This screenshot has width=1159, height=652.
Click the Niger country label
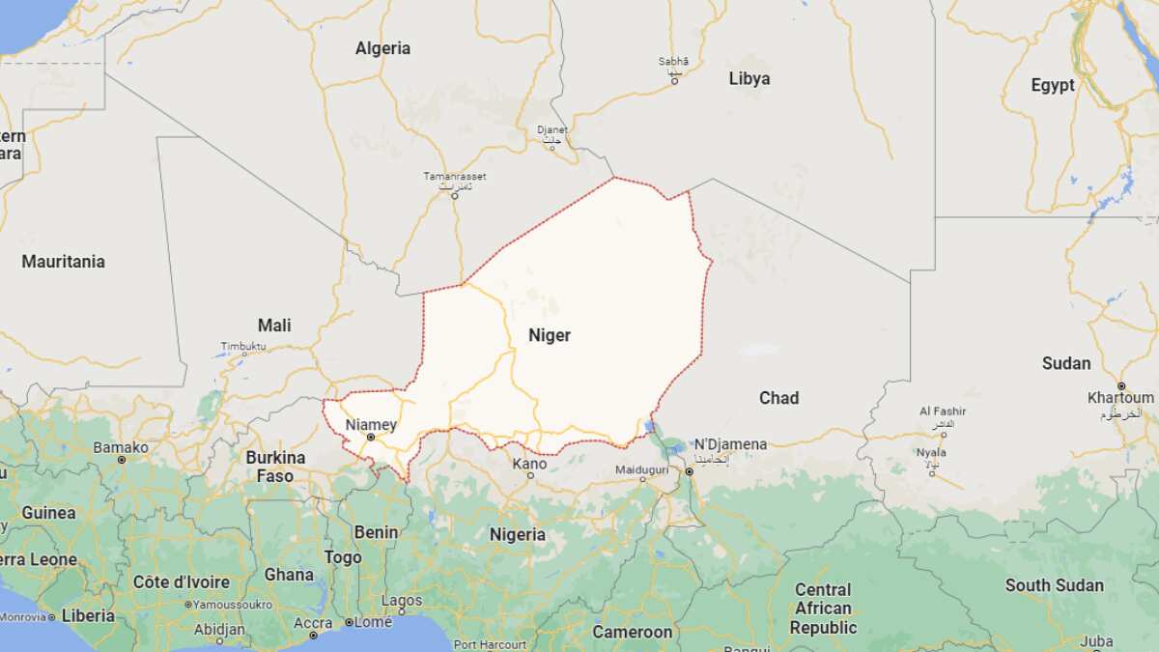[x=549, y=336]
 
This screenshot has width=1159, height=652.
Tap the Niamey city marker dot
[x=370, y=437]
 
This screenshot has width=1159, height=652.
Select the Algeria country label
[x=382, y=48]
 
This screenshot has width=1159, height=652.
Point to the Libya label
[x=749, y=79]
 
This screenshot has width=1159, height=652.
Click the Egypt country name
[x=1052, y=85]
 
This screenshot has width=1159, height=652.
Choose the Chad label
[x=778, y=398]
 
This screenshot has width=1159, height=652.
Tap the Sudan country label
[x=1065, y=363]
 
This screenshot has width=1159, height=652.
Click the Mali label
[x=274, y=326]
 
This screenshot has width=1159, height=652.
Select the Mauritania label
[x=63, y=262]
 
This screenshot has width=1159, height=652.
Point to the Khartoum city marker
[x=1121, y=385]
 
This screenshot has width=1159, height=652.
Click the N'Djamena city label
[x=730, y=444]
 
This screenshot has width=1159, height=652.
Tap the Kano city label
[x=529, y=464]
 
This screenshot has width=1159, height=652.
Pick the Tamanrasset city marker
[x=455, y=196]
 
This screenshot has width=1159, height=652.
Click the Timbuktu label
[x=242, y=346]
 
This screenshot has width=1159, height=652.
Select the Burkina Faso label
[x=275, y=466]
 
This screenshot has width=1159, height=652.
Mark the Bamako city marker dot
[x=122, y=459]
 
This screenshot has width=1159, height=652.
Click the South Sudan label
[x=1054, y=585]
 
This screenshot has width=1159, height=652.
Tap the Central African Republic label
[x=823, y=609]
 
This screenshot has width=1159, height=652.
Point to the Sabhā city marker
[x=674, y=80]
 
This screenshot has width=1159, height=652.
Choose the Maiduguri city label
[x=641, y=469]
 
